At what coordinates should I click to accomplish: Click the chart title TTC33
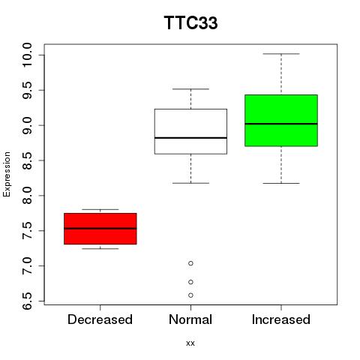[x=190, y=22]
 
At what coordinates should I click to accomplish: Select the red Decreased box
[x=100, y=229]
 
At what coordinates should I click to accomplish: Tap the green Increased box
[x=281, y=120]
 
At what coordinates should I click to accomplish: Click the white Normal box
[x=190, y=131]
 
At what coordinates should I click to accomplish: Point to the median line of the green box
[x=281, y=124]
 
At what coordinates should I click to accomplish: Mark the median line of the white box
[x=190, y=138]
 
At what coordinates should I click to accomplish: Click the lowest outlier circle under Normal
[x=190, y=295]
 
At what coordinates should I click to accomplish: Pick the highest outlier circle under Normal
[x=190, y=263]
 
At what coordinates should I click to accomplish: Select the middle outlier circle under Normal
[x=190, y=282]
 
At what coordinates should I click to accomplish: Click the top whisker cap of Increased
[x=281, y=54]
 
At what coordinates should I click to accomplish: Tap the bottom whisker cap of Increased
[x=281, y=183]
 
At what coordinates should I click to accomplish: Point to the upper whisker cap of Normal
[x=190, y=89]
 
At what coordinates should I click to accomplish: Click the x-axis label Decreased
[x=100, y=319]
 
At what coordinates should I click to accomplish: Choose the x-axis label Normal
[x=190, y=319]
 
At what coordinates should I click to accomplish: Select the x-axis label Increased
[x=281, y=319]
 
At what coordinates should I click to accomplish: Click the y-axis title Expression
[x=7, y=174]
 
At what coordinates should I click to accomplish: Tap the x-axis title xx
[x=190, y=343]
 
